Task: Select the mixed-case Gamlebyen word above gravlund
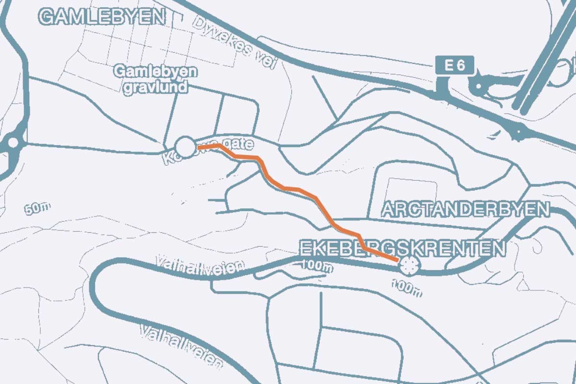pos(156,72)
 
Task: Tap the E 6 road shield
pos(455,66)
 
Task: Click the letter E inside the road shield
pos(448,66)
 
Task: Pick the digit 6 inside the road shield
pos(461,66)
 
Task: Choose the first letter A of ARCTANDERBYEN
pos(388,210)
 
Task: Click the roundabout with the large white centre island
pos(12,142)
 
